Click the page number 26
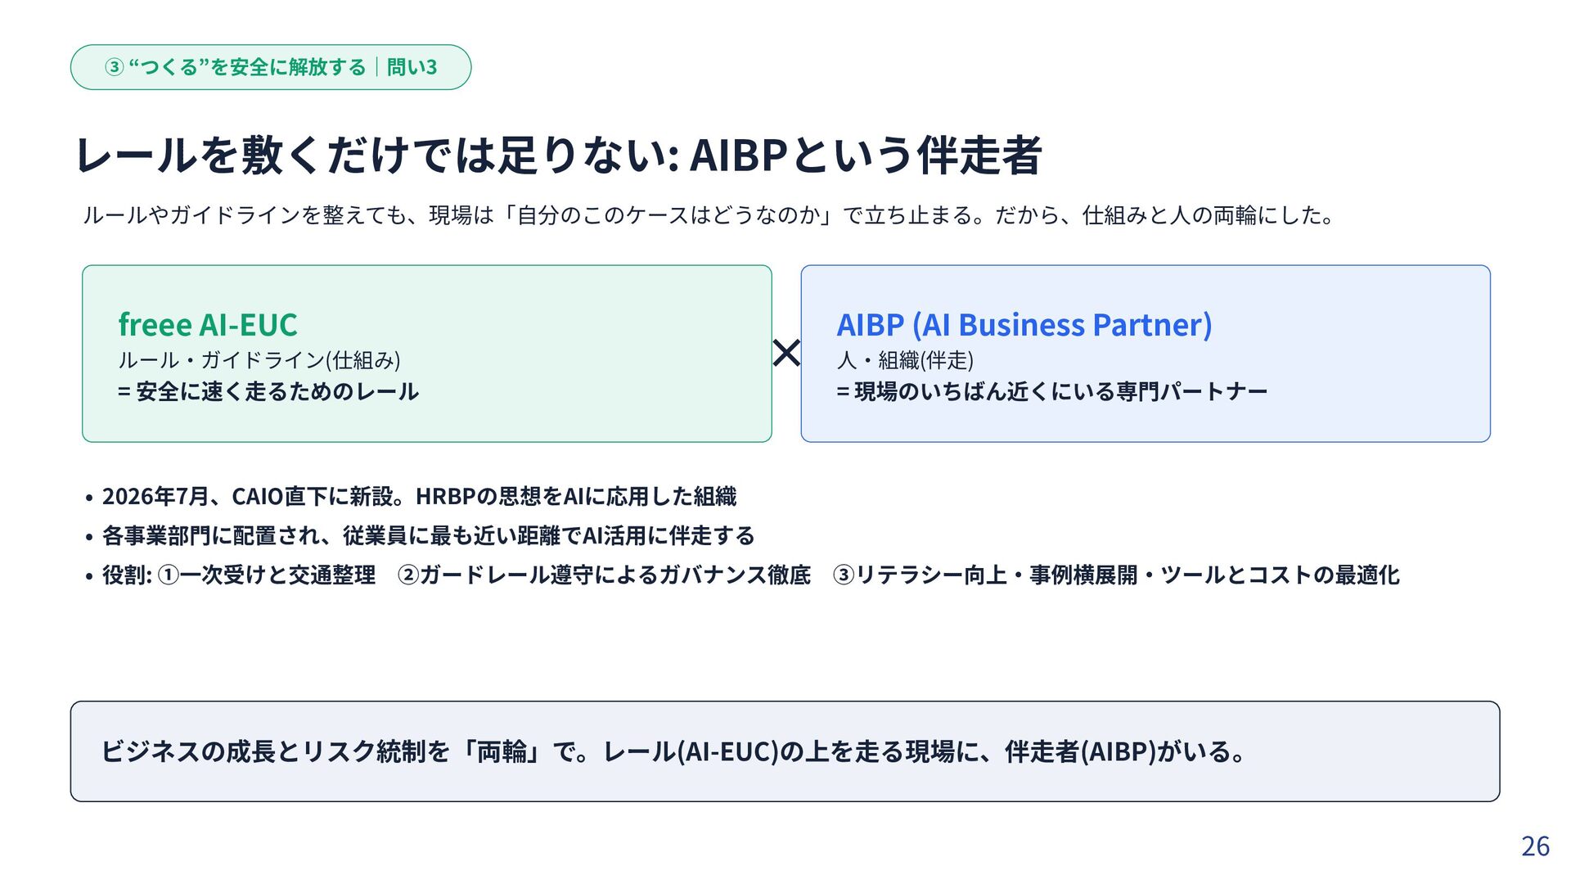pos(1535,846)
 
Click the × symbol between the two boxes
pos(786,354)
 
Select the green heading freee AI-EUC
pos(208,325)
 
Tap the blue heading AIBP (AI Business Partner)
pos(1024,326)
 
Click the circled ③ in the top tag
pos(115,67)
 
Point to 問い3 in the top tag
pos(412,67)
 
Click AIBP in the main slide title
pos(738,156)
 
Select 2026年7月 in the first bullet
pos(155,497)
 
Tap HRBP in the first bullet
pos(446,497)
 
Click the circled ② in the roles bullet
pos(408,575)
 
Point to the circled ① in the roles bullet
pos(168,575)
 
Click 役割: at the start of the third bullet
pos(127,575)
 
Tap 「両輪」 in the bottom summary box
pos(502,751)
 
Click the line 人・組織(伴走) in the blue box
pos(905,360)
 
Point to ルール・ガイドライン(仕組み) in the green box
pos(259,360)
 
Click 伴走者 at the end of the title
pos(979,156)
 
